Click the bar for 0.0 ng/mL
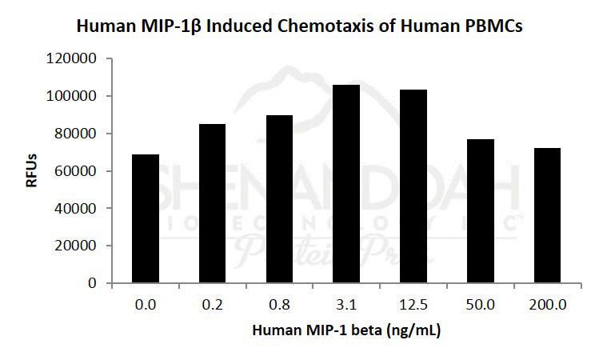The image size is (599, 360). (x=146, y=218)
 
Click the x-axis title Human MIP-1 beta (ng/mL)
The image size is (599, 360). (x=345, y=330)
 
